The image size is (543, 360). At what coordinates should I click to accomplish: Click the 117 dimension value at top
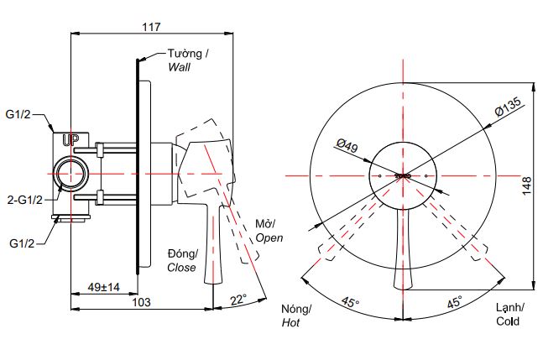click(151, 27)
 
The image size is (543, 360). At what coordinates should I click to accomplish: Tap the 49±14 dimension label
click(104, 287)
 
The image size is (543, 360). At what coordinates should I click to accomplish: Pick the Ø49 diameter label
click(346, 147)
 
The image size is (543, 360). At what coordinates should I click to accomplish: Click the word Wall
click(180, 66)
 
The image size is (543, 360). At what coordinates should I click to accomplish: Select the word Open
click(269, 237)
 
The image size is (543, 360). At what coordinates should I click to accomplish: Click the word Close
click(180, 268)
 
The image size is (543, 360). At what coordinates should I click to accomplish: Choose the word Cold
click(508, 321)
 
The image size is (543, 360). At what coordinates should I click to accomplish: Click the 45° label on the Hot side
click(350, 302)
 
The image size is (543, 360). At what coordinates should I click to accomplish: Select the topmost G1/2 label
click(19, 113)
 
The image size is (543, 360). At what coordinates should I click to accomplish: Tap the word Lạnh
click(509, 309)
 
